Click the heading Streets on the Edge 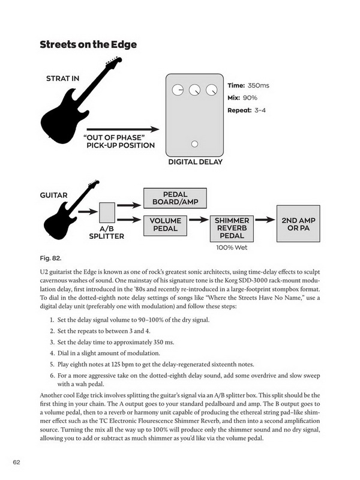88,44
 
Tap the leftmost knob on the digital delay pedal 178,90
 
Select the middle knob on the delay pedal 194,90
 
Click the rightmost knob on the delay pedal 212,90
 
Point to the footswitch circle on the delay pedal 194,144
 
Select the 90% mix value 250,98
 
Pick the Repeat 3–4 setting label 247,110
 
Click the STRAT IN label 63,79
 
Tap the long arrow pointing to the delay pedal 123,130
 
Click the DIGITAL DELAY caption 196,162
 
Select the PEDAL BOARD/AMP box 175,199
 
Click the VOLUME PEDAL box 166,225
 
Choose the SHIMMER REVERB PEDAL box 232,229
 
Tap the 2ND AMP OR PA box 298,224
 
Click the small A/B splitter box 107,213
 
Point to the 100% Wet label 232,248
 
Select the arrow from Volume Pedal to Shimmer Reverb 199,220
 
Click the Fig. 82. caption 50,259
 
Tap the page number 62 17,462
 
